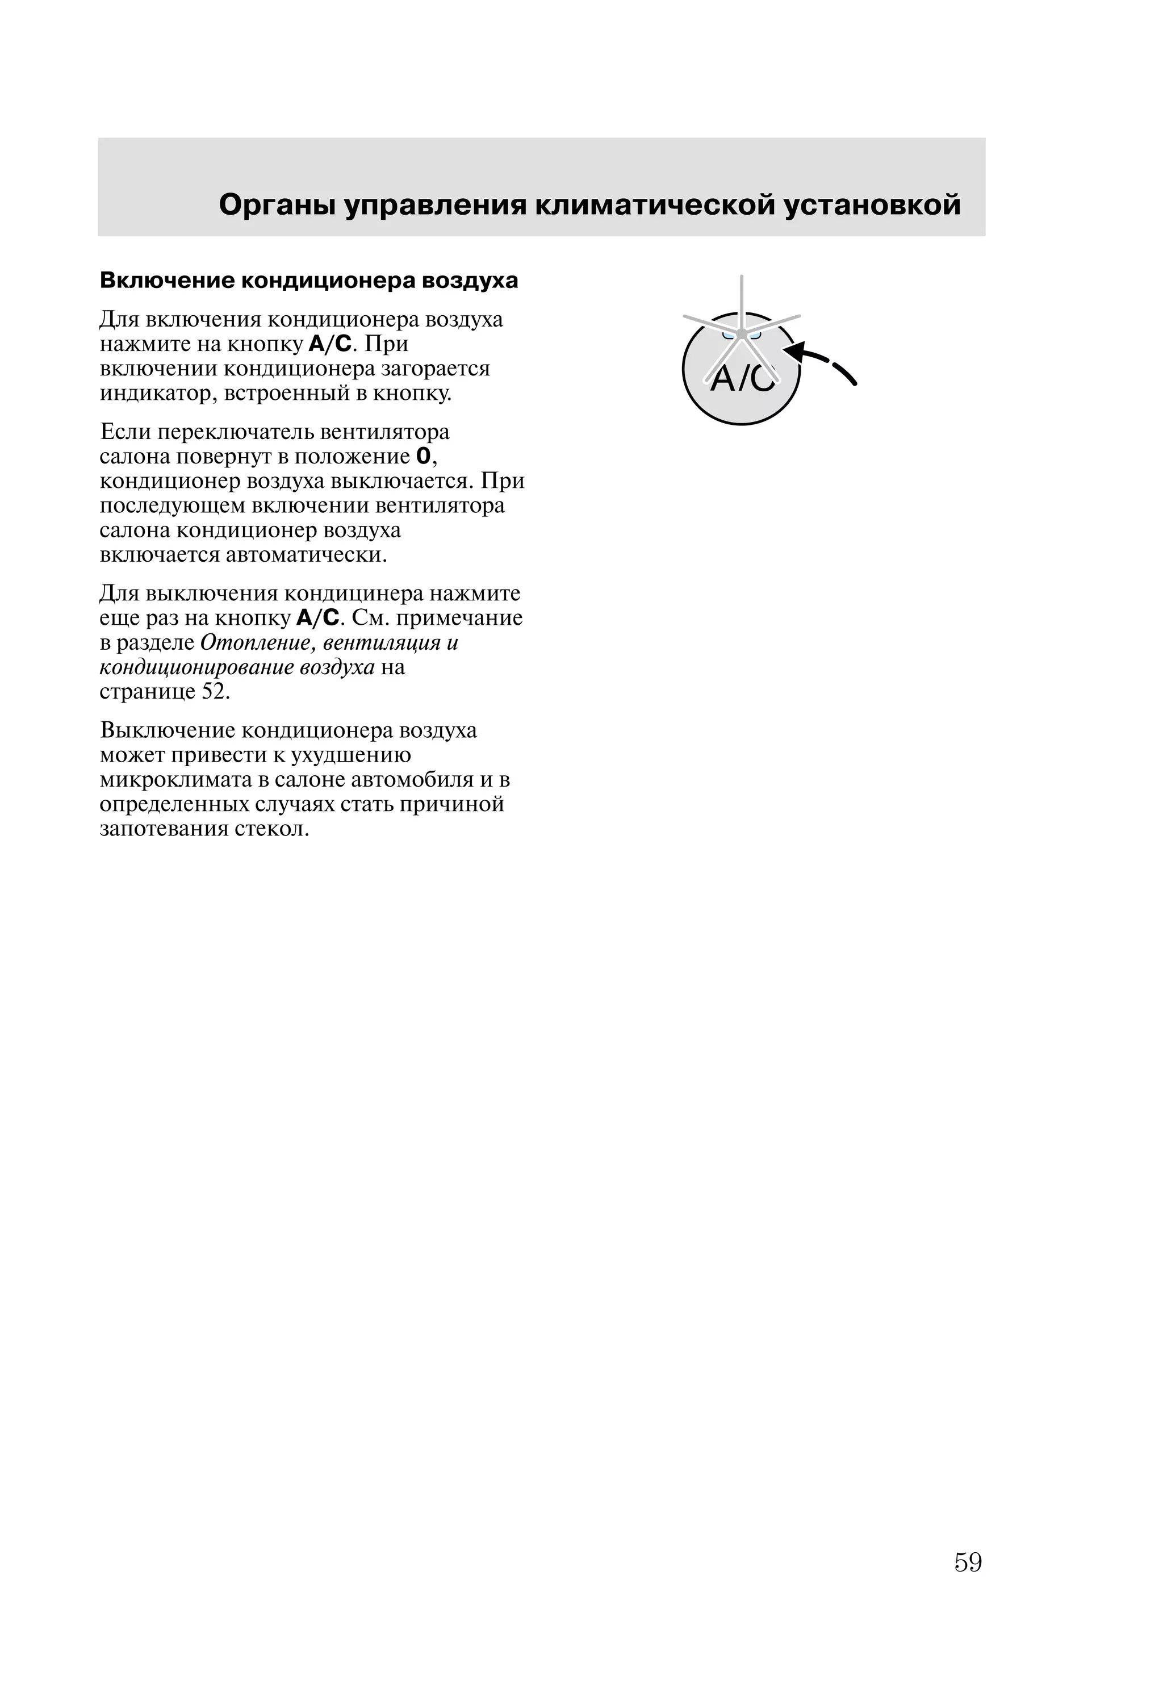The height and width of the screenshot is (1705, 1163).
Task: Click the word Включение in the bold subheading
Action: [x=168, y=281]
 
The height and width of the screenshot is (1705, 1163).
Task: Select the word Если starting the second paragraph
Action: [x=125, y=432]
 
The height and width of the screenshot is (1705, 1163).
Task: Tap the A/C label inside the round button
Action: [x=742, y=379]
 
